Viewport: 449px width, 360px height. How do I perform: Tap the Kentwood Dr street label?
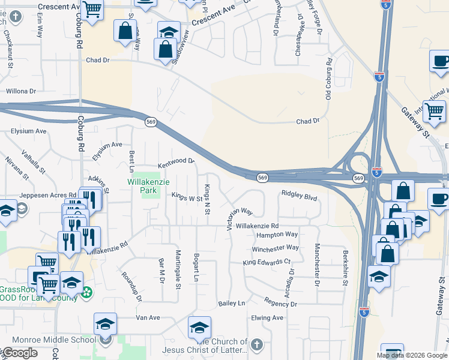point(176,162)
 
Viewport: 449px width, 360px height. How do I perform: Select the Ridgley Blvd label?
point(299,196)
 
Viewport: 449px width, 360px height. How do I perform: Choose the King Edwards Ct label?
point(267,262)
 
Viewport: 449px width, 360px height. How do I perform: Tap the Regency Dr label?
point(281,304)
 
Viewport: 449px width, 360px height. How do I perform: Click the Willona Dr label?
point(21,91)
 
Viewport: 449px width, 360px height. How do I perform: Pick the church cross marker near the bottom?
point(256,344)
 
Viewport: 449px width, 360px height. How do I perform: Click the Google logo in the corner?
point(19,353)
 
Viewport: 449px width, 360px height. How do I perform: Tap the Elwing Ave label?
point(267,318)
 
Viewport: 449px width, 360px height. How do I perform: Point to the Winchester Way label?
point(276,248)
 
